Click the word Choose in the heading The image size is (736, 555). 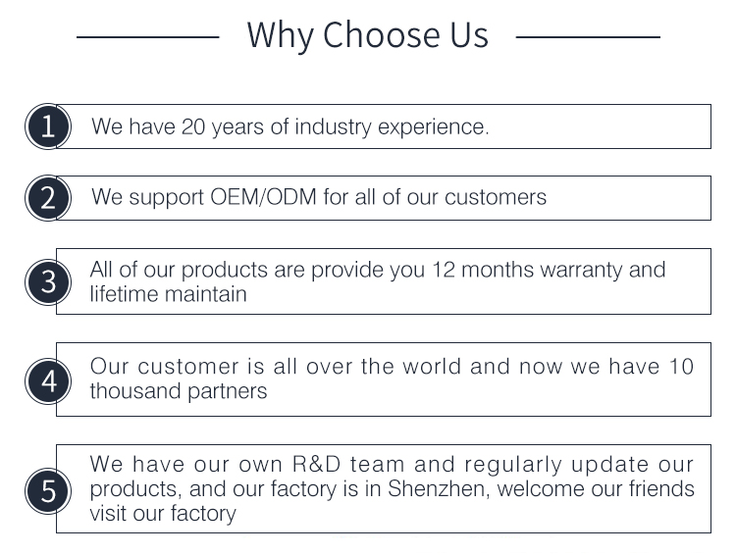coord(382,34)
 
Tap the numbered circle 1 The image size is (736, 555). coord(48,126)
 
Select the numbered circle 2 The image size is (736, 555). coord(48,198)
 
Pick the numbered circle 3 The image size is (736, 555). coord(48,282)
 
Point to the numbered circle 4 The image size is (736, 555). coord(48,380)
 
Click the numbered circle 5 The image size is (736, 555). coord(48,490)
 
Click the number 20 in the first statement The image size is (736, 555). coord(193,126)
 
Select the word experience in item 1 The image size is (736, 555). coord(432,127)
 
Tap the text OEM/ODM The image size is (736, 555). coord(263,197)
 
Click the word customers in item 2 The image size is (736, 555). coord(496,197)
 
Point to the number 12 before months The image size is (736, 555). coord(444,270)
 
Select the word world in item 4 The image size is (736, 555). coord(432,367)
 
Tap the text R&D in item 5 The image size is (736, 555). coord(316,464)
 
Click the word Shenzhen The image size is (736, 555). coord(439,488)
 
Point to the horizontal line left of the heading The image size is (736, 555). coord(148,36)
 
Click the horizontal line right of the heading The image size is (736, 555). coord(588,36)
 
